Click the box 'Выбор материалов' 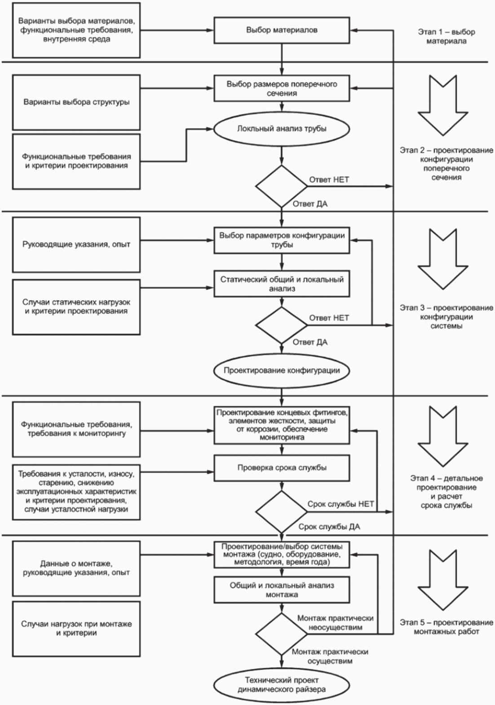282,31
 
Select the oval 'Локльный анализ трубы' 282,129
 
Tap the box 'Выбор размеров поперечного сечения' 282,88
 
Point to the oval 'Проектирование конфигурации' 282,370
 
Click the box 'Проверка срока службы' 282,468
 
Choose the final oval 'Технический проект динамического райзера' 282,684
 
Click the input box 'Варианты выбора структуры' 76,102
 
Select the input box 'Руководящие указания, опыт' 76,245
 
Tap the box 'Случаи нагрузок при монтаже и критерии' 76,629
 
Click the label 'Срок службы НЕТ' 341,504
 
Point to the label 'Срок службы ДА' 329,527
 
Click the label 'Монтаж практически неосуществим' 336,623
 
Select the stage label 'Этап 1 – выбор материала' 446,36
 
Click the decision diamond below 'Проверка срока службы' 282,511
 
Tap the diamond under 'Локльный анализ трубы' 282,186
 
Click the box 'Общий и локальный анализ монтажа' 282,590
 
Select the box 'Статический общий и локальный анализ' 282,284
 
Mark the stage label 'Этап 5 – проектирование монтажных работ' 446,627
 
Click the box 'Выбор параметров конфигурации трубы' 282,240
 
